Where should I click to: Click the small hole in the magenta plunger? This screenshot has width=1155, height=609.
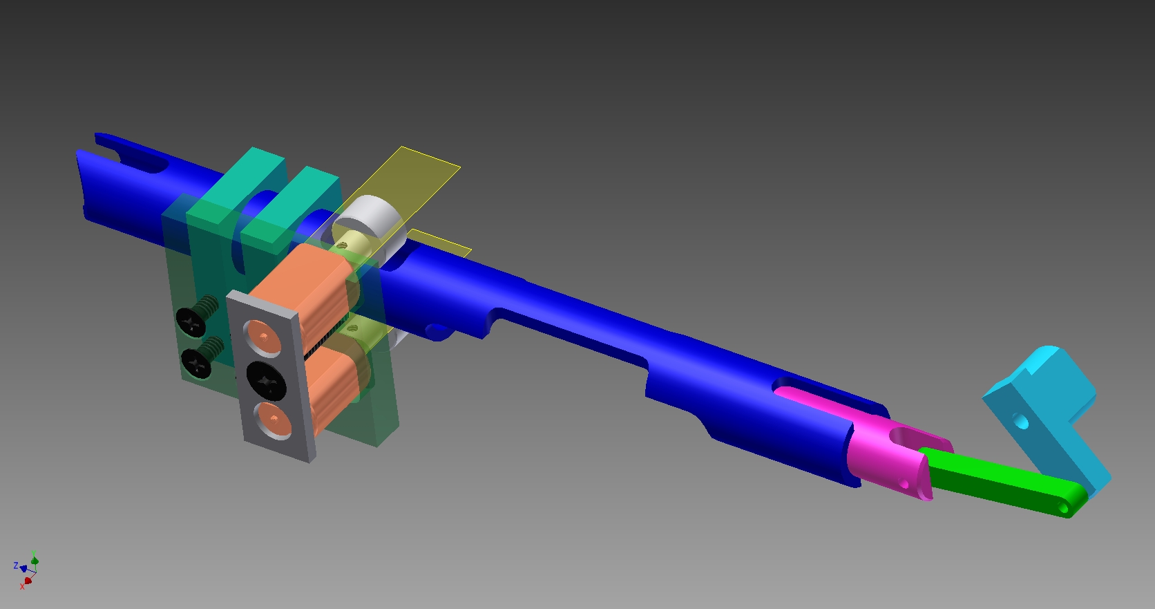[904, 483]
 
